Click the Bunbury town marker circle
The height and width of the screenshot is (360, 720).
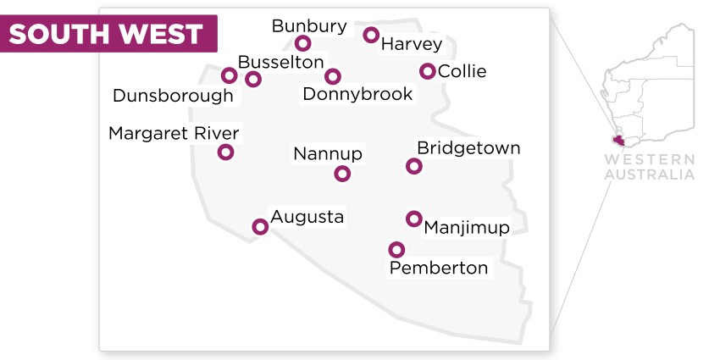(x=302, y=43)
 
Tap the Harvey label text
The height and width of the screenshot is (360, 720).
(x=412, y=43)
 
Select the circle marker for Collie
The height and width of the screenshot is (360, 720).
(x=428, y=71)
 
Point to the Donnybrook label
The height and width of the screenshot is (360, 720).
(x=357, y=94)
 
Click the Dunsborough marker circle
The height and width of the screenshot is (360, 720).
(x=229, y=75)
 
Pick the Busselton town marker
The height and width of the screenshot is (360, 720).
(x=252, y=79)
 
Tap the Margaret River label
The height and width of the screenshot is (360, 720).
(x=174, y=133)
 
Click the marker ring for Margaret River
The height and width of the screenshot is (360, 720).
(x=225, y=152)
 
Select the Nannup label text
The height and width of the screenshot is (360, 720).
(x=328, y=153)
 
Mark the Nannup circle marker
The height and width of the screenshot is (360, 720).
(x=342, y=174)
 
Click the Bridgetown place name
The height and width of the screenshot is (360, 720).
(x=468, y=148)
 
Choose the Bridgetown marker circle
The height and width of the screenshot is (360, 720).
(x=413, y=166)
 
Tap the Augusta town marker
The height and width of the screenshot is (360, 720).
(x=260, y=226)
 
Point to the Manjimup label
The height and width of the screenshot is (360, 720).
(x=466, y=227)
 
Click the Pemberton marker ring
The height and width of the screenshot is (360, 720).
(x=396, y=249)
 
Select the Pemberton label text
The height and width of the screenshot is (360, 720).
(x=438, y=268)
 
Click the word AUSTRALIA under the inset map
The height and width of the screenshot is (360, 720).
(x=650, y=174)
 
